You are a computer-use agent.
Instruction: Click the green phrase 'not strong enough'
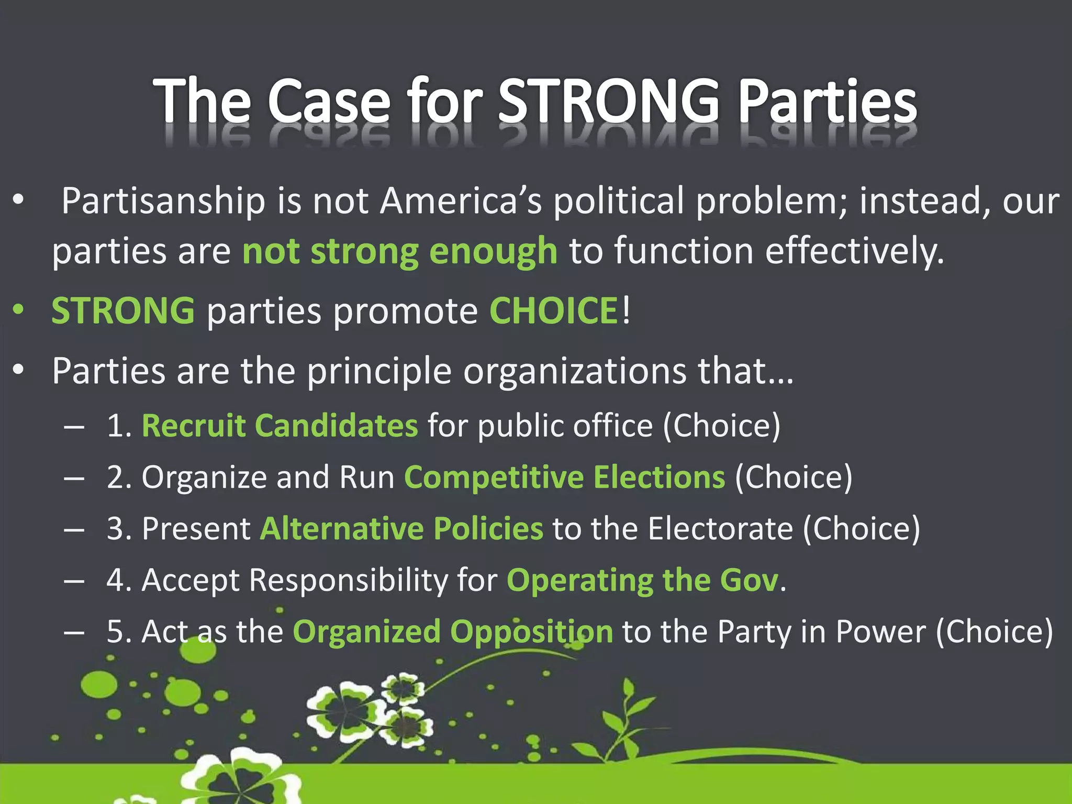tap(400, 251)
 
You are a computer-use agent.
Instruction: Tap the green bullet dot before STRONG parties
tap(19, 309)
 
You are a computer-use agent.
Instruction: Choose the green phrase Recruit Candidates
tap(280, 425)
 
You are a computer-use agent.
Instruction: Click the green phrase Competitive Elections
tap(564, 477)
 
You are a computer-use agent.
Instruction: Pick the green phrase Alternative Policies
tap(401, 528)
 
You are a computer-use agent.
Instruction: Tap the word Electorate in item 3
tap(720, 528)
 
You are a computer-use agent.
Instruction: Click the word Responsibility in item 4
tap(348, 580)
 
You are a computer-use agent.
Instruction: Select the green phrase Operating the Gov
tap(643, 580)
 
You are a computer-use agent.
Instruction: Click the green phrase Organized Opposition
tap(452, 632)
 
